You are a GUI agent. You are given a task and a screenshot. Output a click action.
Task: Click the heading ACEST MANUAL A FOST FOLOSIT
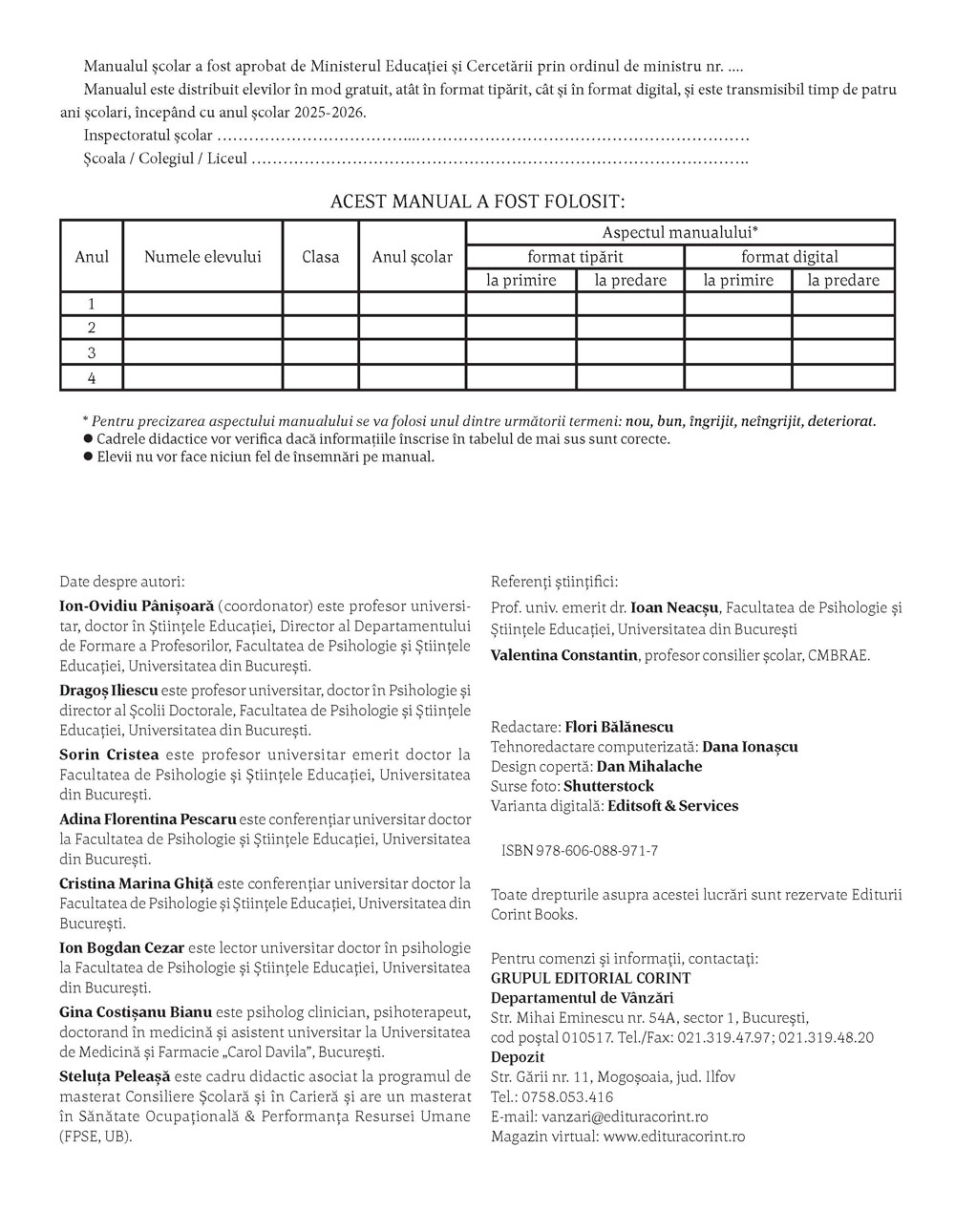tap(477, 202)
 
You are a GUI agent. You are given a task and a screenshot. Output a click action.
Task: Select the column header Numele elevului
tap(202, 256)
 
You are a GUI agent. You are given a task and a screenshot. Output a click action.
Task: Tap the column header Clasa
tap(321, 256)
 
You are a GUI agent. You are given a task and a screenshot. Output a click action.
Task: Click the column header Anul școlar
tap(413, 256)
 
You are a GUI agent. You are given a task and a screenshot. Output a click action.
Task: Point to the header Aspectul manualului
tap(680, 232)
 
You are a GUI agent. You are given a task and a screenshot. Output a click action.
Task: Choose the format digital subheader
tap(790, 256)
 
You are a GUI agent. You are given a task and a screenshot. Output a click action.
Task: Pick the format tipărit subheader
tap(575, 256)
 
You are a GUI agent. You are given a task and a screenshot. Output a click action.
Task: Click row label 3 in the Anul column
tap(92, 352)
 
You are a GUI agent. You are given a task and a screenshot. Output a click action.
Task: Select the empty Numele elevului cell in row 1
tap(202, 304)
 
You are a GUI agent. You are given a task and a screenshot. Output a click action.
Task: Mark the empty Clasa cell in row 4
tap(321, 377)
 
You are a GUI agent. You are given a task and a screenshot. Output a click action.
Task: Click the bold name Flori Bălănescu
tap(619, 727)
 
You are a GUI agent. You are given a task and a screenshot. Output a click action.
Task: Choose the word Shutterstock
tap(608, 786)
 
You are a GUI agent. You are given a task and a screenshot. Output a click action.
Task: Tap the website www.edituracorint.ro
tap(674, 1137)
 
